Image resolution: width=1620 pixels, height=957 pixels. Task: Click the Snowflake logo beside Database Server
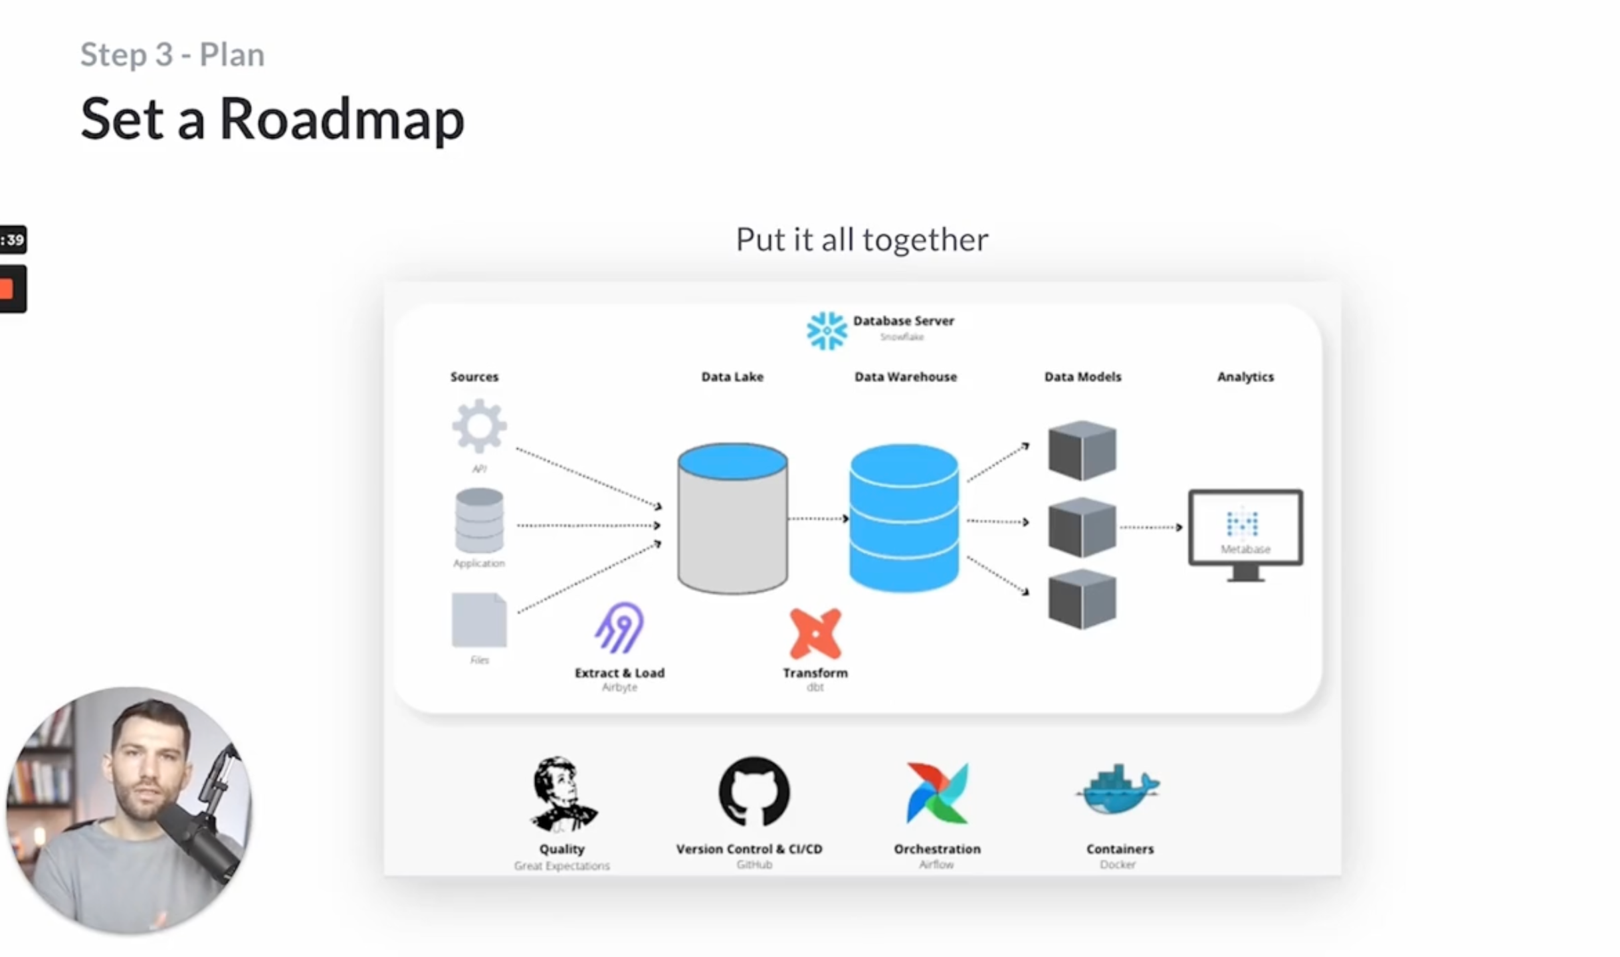click(x=827, y=330)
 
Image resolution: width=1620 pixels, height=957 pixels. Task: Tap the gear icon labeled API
click(x=479, y=426)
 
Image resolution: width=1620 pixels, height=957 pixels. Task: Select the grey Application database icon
click(x=479, y=520)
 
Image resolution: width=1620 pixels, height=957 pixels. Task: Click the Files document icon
click(x=479, y=620)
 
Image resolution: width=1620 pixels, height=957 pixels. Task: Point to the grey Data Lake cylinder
click(x=732, y=518)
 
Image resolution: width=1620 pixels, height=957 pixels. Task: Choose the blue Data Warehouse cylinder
click(x=904, y=518)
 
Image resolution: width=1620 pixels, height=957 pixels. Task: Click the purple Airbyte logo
click(x=619, y=628)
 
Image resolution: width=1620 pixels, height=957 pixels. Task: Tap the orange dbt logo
click(x=815, y=633)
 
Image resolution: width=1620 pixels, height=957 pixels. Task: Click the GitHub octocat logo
click(x=754, y=792)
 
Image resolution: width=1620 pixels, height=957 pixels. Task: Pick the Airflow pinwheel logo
click(x=937, y=793)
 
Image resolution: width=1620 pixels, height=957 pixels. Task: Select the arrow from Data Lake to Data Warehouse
click(x=818, y=518)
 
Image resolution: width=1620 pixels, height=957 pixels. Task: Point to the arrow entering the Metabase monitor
click(x=1152, y=528)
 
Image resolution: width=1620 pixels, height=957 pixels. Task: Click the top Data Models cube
click(x=1082, y=451)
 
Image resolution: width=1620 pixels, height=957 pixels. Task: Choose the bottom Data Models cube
click(x=1082, y=599)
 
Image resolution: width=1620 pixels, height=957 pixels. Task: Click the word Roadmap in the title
click(x=342, y=120)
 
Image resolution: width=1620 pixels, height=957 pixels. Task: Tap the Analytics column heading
click(x=1245, y=377)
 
